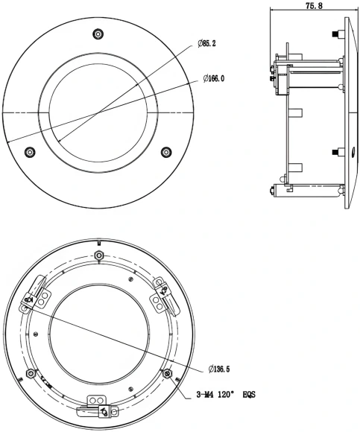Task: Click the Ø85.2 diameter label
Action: point(208,44)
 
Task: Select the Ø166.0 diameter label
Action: point(212,77)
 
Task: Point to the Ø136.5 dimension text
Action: point(216,369)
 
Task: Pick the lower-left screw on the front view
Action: point(30,152)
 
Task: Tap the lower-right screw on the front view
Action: point(166,152)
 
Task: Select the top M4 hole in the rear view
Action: point(99,255)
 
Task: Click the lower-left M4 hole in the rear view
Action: point(31,372)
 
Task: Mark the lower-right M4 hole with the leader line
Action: point(167,372)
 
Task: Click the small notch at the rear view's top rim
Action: point(99,244)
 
